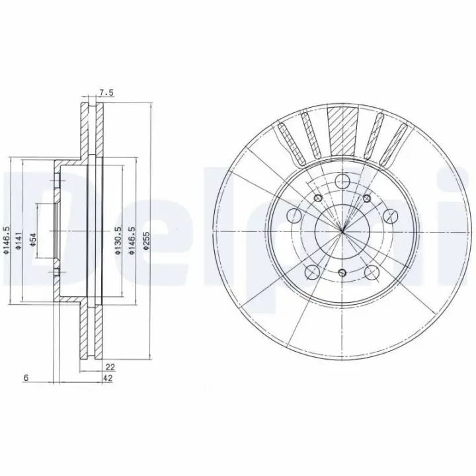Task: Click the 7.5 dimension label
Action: coord(106,93)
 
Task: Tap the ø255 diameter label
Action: coord(147,241)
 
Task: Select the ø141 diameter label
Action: coord(19,241)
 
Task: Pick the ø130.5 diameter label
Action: coord(118,240)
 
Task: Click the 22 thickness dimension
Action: coord(110,368)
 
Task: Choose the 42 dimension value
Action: coord(108,378)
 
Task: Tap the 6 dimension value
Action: coord(26,378)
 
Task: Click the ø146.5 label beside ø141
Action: coord(7,240)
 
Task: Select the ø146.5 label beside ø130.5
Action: coord(132,240)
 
